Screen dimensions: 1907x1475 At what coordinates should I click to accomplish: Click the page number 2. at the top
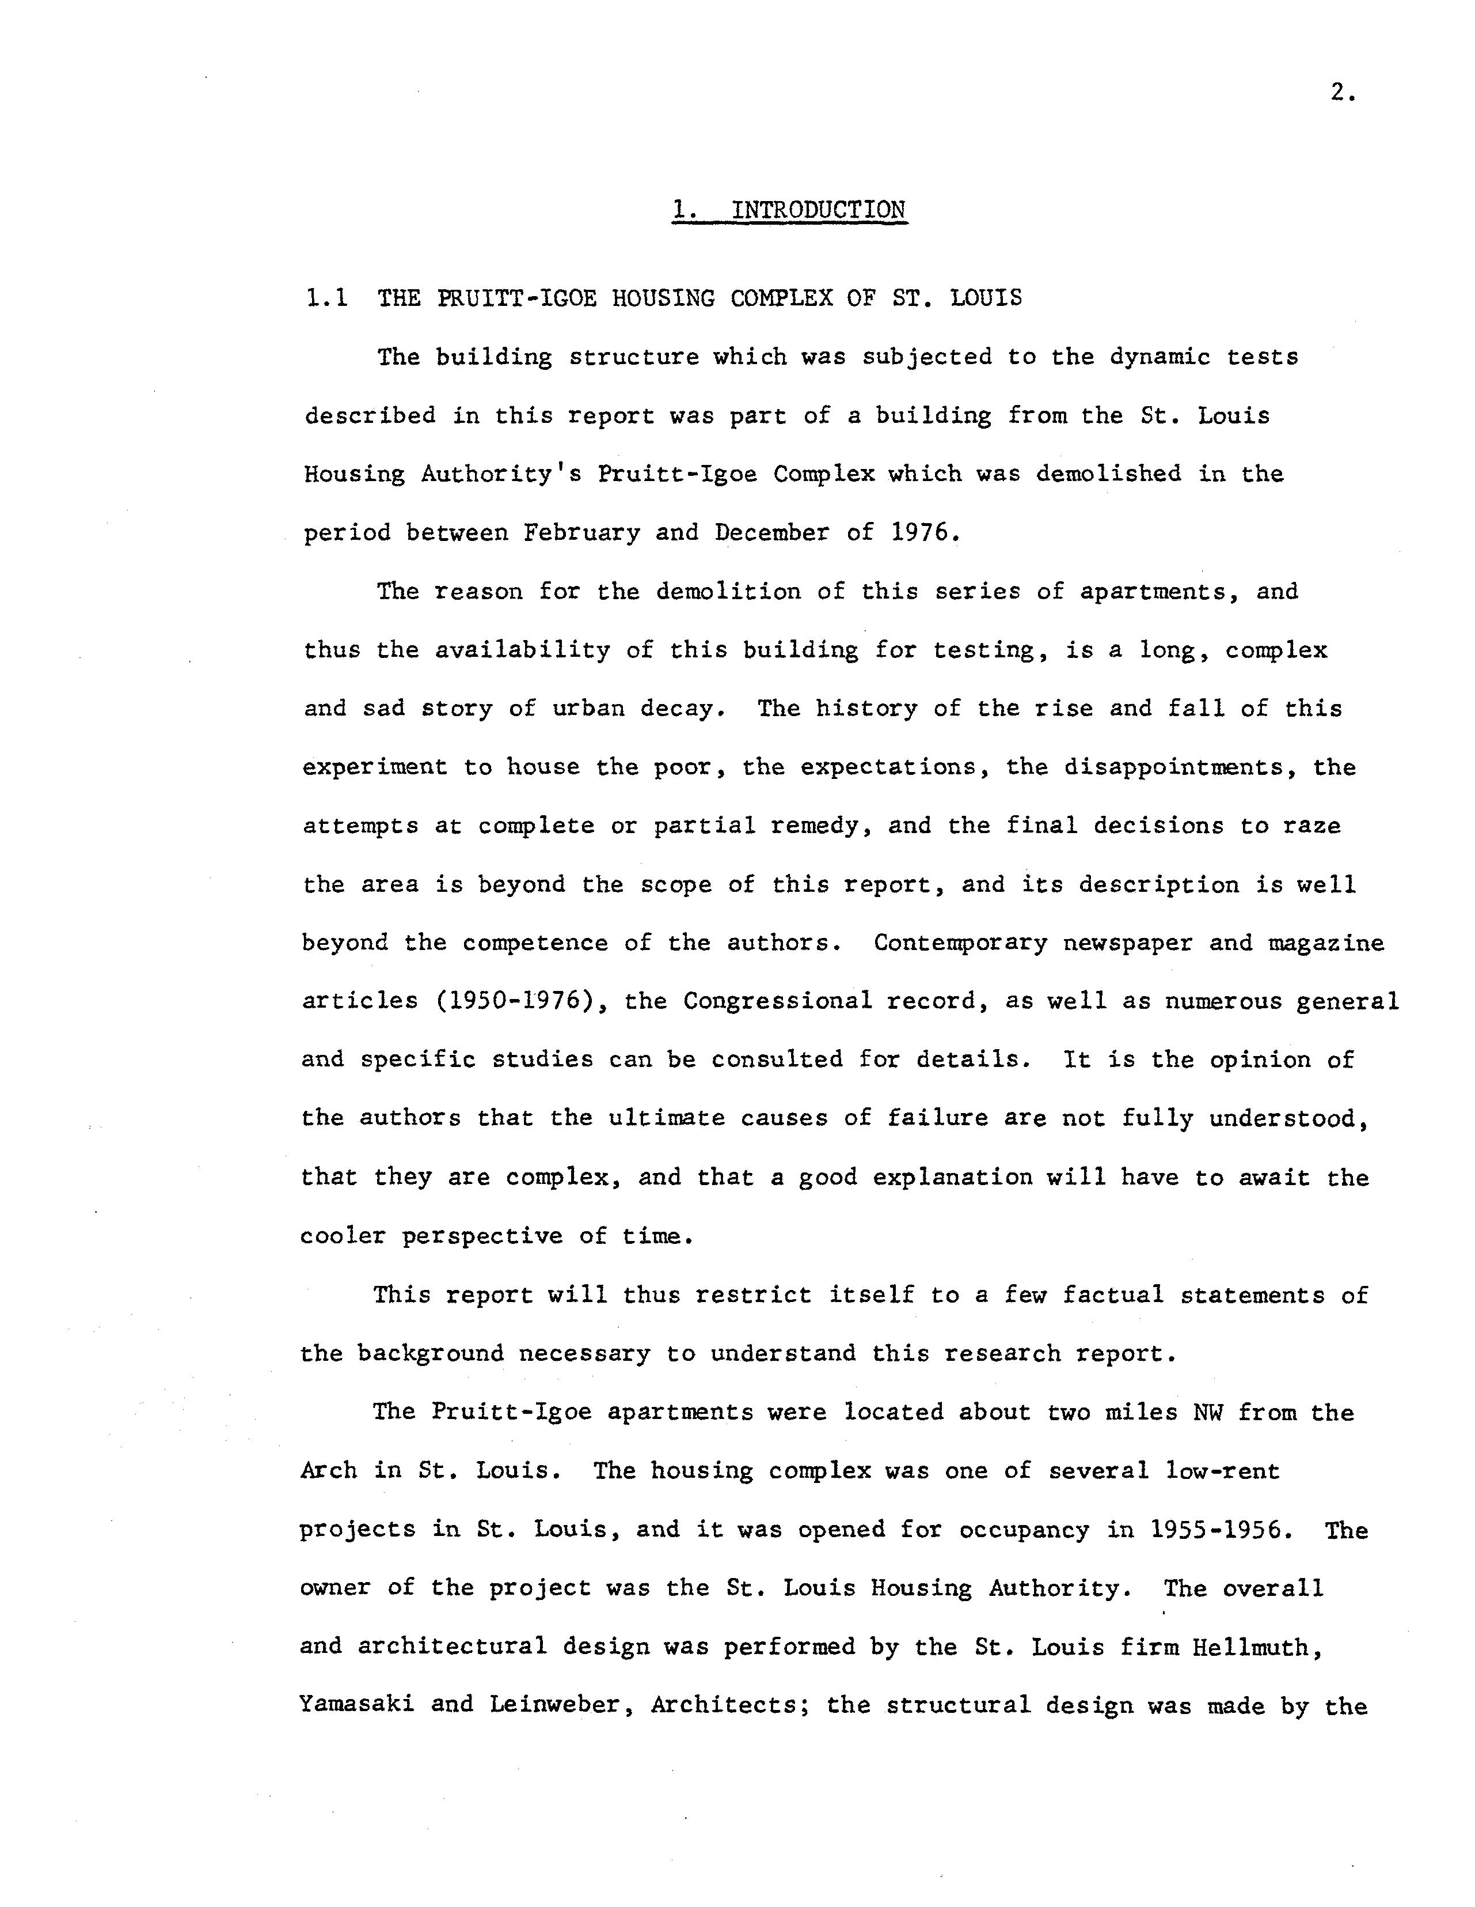pos(1343,93)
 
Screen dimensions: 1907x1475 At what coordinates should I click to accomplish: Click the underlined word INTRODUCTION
pos(818,210)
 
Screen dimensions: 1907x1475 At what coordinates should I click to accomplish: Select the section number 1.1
pos(326,298)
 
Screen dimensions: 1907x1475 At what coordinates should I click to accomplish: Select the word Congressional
pos(778,1001)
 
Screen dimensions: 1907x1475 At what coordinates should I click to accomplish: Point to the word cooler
pos(342,1236)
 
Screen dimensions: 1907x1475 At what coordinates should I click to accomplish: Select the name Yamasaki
pos(356,1706)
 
